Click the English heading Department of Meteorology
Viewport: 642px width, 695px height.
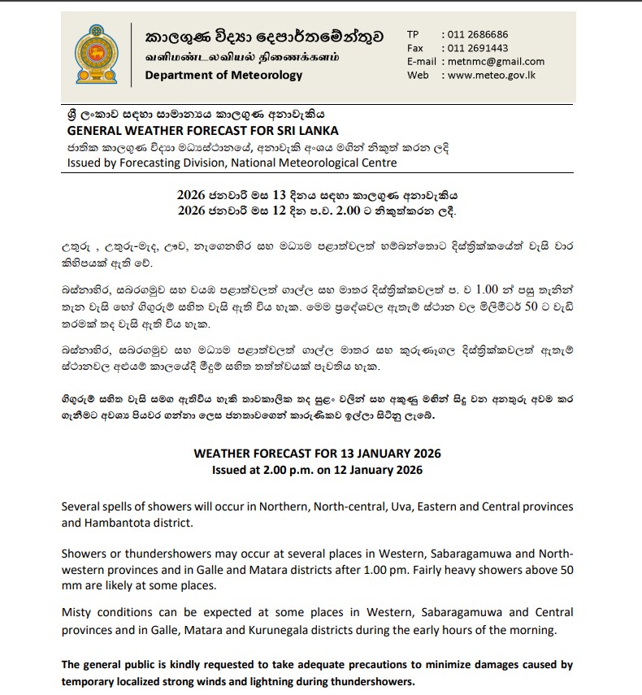pos(223,76)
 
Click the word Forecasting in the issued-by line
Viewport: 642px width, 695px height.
pos(150,163)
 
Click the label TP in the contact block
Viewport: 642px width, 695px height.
pos(414,35)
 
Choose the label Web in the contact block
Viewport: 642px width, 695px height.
pos(418,75)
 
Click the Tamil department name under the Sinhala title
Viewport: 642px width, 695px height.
pos(242,58)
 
